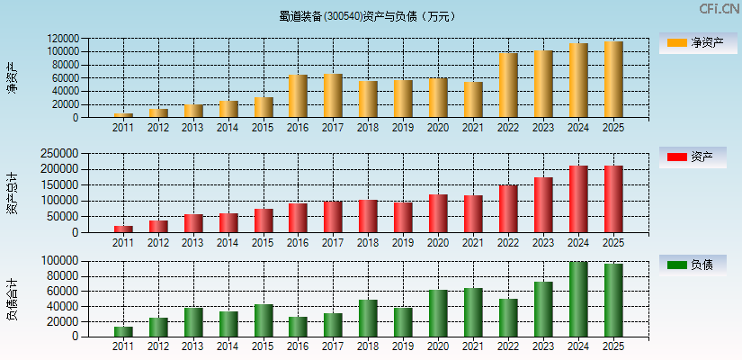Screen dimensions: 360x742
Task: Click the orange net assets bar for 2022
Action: point(508,85)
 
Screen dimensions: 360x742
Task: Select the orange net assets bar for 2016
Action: point(298,96)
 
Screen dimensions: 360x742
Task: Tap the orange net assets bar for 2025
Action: point(613,79)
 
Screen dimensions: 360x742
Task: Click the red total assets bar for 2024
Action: point(578,199)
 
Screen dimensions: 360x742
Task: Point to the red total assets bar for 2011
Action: point(123,229)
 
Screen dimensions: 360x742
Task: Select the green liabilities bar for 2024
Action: point(578,299)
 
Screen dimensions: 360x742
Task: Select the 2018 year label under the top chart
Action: point(368,128)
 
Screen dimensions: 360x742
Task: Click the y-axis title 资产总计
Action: point(13,192)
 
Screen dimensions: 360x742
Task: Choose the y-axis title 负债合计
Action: point(13,299)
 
